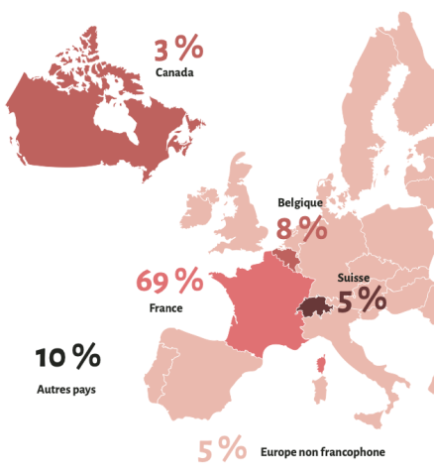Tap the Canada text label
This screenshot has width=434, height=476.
pos(173,72)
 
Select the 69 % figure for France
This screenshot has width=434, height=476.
pos(167,283)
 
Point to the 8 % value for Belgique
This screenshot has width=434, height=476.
pos(301,229)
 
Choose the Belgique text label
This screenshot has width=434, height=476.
pos(301,202)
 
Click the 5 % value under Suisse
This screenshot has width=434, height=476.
pos(361,298)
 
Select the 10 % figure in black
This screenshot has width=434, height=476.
pos(68,358)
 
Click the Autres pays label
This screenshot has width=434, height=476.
pos(67,390)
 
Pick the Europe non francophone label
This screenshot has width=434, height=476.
pos(322,452)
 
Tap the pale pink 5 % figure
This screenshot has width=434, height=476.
pos(222,450)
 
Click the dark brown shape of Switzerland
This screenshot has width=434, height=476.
pos(314,308)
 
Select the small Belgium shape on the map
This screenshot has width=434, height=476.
pos(285,259)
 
